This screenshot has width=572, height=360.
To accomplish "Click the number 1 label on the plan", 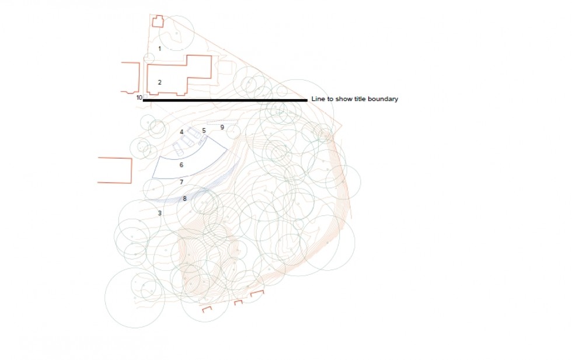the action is point(159,48).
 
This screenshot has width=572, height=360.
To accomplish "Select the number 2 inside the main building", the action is point(159,82).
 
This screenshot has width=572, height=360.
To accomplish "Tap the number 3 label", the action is point(159,213).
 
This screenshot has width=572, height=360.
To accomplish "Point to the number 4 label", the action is point(182,132).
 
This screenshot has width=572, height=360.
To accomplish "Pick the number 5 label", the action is point(204,131).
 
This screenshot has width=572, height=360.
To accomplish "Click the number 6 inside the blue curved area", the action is point(182,165).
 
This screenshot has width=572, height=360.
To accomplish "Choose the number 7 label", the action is point(182,182).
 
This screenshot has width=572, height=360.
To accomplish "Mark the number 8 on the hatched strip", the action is point(184,199).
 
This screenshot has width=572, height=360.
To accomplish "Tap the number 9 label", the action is point(222,127).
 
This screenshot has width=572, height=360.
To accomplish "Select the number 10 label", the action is point(139,98).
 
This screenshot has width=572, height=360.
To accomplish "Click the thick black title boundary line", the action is point(225,100).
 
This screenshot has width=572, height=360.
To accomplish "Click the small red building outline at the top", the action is point(158,22).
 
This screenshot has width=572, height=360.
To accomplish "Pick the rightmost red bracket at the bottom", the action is point(257,292).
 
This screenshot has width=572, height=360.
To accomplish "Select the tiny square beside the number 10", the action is point(145,97).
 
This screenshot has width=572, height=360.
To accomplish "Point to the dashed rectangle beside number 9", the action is point(221,122).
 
